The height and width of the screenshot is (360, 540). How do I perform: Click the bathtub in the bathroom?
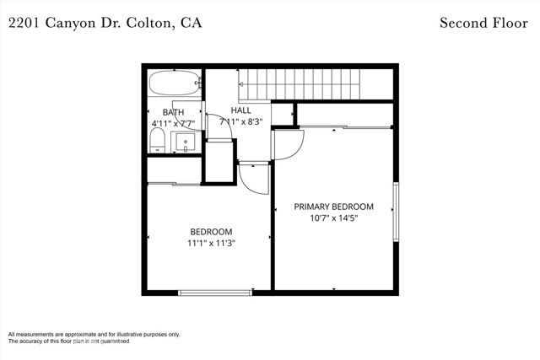[x=175, y=83]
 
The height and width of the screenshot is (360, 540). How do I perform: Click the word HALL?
[x=241, y=110]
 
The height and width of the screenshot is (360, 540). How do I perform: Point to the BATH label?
[x=173, y=112]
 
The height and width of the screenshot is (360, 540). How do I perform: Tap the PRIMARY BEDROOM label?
[x=333, y=207]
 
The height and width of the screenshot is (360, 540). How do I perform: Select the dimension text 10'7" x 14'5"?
[x=333, y=218]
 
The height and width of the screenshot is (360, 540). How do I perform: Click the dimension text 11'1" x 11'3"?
[x=211, y=243]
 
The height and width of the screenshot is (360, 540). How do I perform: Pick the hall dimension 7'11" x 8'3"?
[x=241, y=121]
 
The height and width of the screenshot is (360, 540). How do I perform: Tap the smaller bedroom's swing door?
[x=254, y=178]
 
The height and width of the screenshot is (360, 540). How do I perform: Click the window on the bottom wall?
[x=215, y=293]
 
